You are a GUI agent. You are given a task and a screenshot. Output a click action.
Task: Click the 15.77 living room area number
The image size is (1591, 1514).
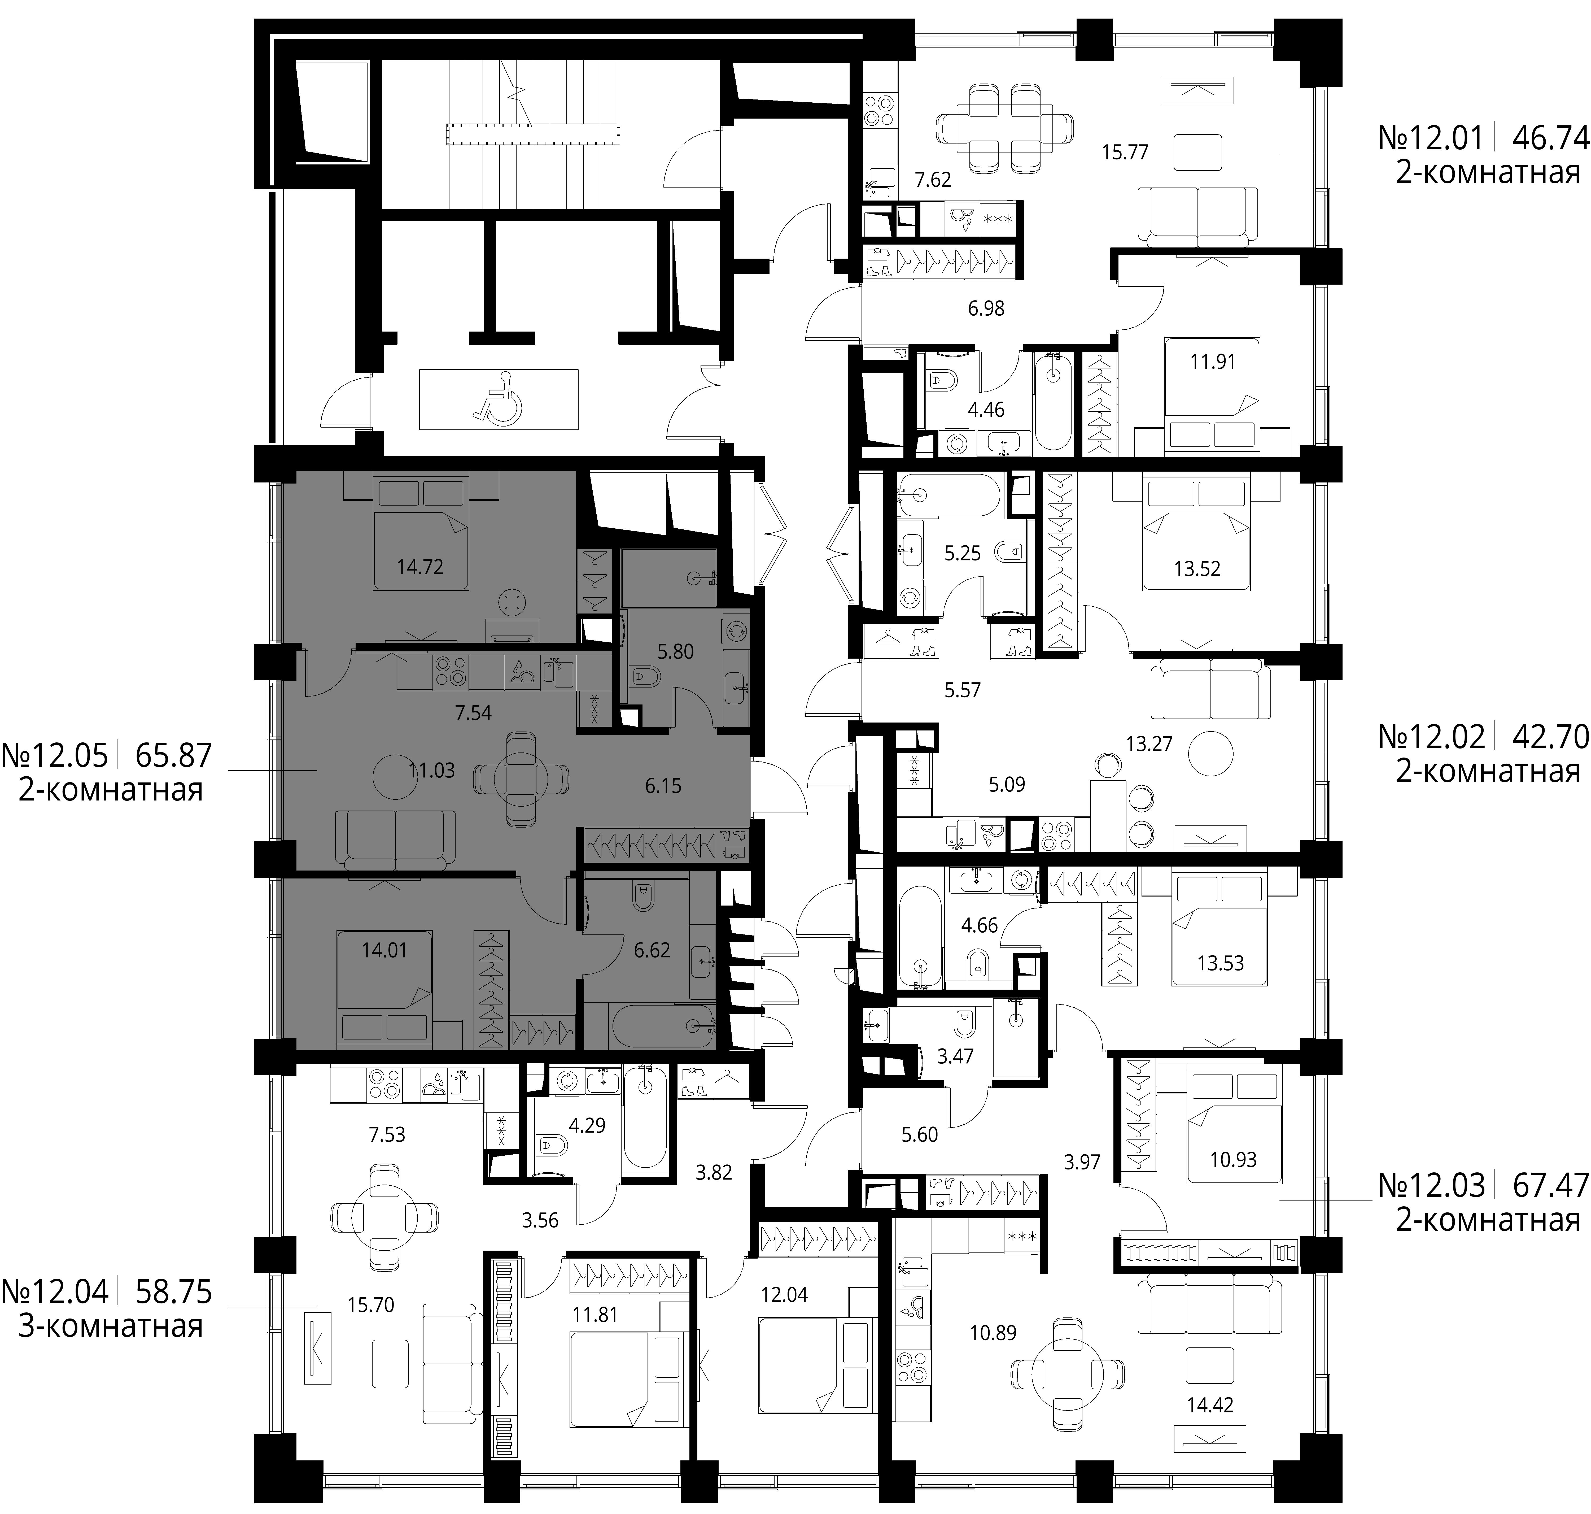[x=1125, y=152]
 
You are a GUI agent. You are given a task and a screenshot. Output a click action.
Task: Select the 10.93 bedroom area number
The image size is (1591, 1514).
[x=1233, y=1160]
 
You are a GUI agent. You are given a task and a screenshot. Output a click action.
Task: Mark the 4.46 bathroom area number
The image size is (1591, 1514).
[x=986, y=409]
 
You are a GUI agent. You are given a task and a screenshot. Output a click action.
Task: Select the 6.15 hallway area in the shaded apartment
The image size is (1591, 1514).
[x=663, y=785]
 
